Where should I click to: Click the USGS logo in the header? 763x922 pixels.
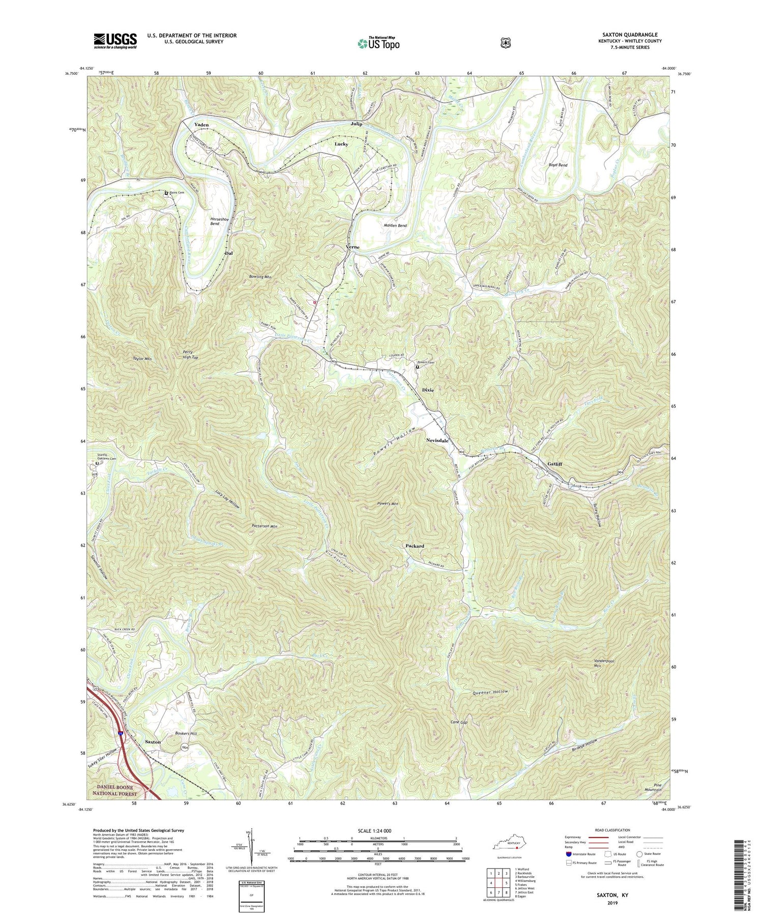tap(115, 41)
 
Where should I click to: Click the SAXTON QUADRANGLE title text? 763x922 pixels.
tap(630, 35)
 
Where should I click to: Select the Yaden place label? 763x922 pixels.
tap(201, 125)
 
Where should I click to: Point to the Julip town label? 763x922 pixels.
tap(356, 124)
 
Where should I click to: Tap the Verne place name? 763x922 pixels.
tap(353, 247)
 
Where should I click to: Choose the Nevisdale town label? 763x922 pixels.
tap(437, 441)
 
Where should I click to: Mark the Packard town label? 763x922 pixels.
tap(415, 546)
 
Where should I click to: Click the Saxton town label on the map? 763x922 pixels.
tap(153, 742)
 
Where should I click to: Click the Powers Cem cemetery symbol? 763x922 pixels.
tap(418, 367)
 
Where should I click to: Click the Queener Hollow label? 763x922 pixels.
tap(490, 693)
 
